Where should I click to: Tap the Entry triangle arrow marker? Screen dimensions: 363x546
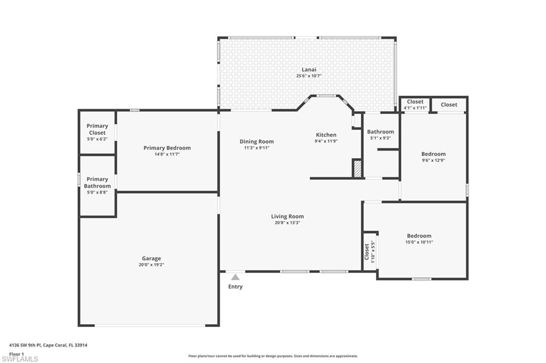[x=235, y=277]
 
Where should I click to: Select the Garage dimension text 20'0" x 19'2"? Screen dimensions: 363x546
[x=151, y=265]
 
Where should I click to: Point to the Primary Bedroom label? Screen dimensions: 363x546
[x=167, y=148]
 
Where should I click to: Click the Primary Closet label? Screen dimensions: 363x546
[x=97, y=129]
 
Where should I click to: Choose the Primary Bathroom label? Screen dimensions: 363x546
[x=97, y=183]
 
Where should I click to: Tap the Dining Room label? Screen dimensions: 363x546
[x=256, y=142]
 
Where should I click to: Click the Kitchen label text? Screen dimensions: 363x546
[x=326, y=135]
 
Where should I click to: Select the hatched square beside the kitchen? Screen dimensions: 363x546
[x=357, y=169]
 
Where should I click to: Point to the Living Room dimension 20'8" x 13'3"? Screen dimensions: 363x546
[x=287, y=223]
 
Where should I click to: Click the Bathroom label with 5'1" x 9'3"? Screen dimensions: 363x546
[x=380, y=132]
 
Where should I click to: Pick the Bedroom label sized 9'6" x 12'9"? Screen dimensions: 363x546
[x=433, y=154]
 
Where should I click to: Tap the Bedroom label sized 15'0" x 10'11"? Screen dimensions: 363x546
[x=419, y=236]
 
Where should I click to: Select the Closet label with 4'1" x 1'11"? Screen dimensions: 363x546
[x=415, y=102]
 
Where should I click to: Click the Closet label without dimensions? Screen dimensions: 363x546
[x=449, y=105]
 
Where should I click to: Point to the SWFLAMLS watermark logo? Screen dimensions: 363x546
[x=20, y=359]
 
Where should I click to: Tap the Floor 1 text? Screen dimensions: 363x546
[x=17, y=353]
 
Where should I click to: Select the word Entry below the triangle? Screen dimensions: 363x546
[x=235, y=287]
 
